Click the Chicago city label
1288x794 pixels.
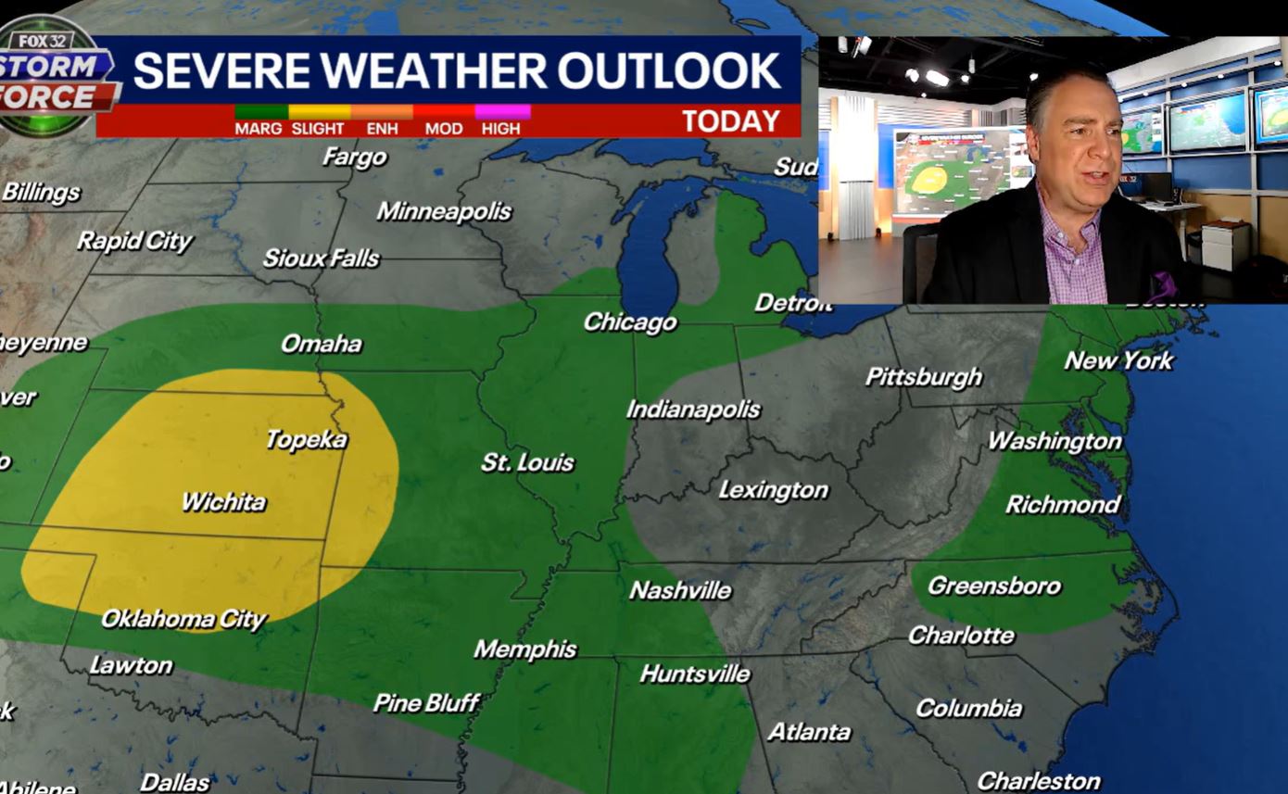coord(630,322)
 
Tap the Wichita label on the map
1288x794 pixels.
coord(223,502)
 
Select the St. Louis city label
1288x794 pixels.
coord(527,462)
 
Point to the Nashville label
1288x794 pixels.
coord(680,590)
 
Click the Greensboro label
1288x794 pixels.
coord(994,586)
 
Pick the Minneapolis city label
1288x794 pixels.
coord(444,211)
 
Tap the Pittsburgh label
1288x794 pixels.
coord(923,377)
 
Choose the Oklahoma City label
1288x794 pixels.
coord(183,619)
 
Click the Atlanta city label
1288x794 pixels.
coord(809,732)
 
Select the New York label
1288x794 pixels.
coord(1118,360)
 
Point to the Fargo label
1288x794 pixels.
coord(354,158)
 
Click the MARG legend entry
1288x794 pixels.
coord(259,128)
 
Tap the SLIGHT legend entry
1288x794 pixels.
coord(318,128)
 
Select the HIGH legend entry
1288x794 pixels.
coord(501,128)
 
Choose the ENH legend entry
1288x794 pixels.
coord(382,128)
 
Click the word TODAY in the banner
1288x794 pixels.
coord(731,121)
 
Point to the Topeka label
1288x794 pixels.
coord(306,439)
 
